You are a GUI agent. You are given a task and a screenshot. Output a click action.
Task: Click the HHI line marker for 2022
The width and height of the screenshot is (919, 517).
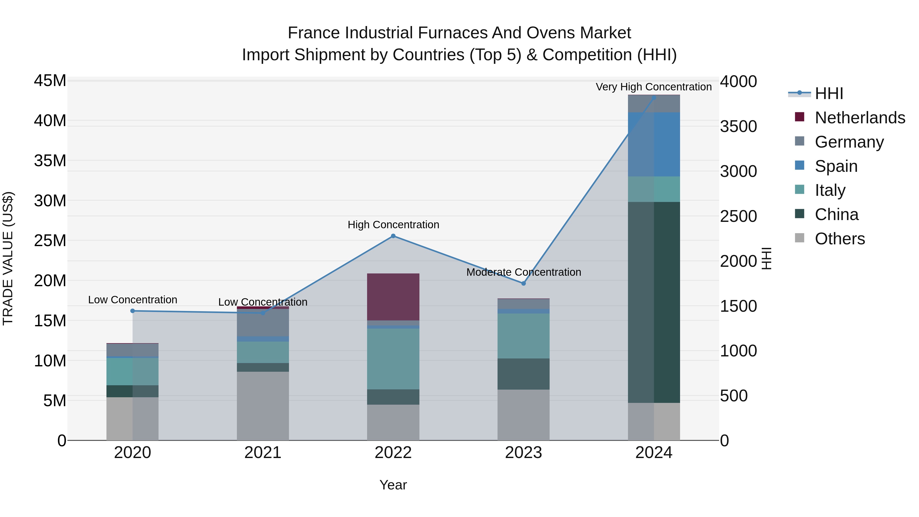pos(393,236)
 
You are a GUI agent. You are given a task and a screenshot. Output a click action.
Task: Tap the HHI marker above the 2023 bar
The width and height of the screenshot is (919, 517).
pos(523,283)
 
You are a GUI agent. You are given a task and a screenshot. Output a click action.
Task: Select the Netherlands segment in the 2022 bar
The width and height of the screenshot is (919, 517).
pos(393,297)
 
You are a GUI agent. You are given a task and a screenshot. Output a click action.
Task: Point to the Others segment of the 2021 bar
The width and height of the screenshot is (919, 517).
pos(263,406)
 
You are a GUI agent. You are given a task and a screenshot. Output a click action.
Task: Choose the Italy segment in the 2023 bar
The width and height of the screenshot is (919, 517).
pos(523,336)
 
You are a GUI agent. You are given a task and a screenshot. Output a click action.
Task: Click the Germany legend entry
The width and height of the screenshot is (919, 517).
pos(849,142)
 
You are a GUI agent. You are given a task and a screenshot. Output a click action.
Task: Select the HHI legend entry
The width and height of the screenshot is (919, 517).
pos(829,93)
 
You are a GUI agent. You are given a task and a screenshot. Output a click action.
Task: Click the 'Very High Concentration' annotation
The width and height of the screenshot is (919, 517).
pos(653,87)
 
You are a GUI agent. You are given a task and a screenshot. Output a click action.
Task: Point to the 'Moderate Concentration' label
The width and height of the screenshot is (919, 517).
pos(523,272)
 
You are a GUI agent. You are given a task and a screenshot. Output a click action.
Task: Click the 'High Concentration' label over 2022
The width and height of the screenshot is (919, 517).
pos(393,225)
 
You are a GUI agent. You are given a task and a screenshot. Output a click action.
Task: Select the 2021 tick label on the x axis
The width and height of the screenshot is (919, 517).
pos(263,453)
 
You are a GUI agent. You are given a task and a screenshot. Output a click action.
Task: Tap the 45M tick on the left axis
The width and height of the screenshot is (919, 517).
pos(50,81)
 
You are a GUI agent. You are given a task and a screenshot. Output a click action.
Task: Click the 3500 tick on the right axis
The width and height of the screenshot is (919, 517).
pos(738,127)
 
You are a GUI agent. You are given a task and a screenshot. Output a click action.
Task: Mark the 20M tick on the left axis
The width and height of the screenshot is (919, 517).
pos(50,281)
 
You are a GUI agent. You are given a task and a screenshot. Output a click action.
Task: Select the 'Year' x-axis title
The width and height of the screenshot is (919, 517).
pos(393,485)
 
